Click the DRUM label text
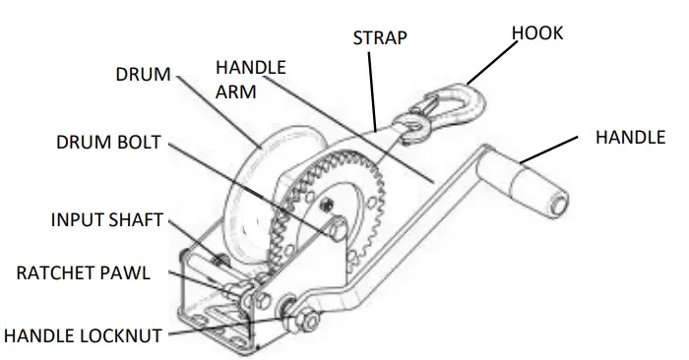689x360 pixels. [143, 75]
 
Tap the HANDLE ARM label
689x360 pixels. [250, 79]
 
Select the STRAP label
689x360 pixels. [381, 37]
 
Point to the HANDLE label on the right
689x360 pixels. [630, 138]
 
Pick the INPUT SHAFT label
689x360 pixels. [106, 219]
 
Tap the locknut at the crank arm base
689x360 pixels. [304, 317]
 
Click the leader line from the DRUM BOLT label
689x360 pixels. [246, 187]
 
